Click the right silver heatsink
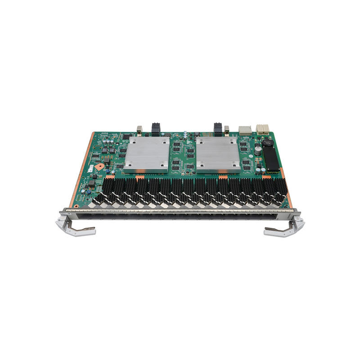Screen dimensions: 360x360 pyautogui.click(x=218, y=153)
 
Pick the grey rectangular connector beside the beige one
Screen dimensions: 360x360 pyautogui.click(x=246, y=130)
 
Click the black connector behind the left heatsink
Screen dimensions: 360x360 pyautogui.click(x=156, y=129)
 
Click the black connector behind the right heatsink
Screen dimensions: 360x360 pyautogui.click(x=218, y=129)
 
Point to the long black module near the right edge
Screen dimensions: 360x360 pyautogui.click(x=271, y=159)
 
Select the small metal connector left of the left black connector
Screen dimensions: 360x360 pyautogui.click(x=139, y=129)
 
